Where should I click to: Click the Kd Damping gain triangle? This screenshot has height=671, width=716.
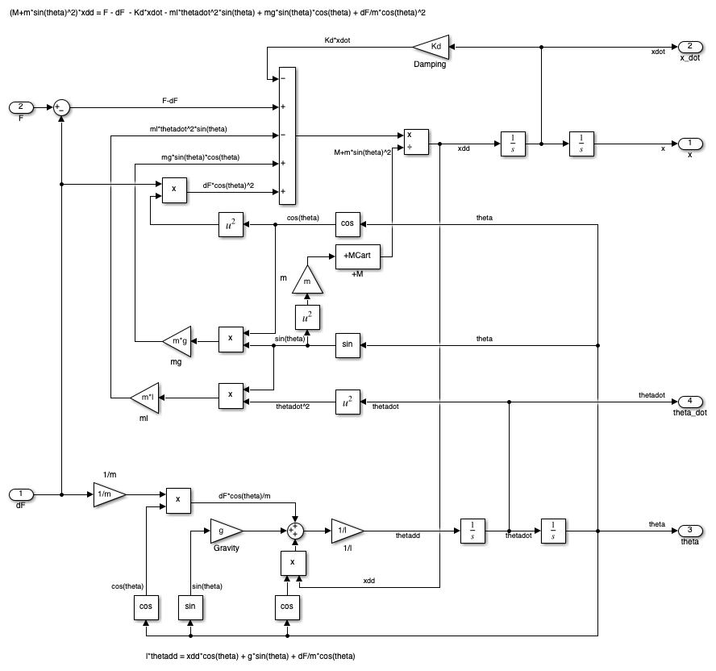[x=432, y=47]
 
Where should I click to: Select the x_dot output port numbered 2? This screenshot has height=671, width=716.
[x=689, y=47]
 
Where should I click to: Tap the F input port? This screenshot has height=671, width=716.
[x=21, y=106]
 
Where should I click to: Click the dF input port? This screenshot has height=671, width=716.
[x=21, y=494]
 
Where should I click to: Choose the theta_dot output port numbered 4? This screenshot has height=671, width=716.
[x=689, y=401]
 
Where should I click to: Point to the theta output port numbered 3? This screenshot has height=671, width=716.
[x=689, y=531]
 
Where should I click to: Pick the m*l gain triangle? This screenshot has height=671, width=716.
[x=146, y=396]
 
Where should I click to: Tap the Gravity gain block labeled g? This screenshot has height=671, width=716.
[x=225, y=531]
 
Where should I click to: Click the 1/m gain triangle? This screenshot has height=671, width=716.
[x=108, y=494]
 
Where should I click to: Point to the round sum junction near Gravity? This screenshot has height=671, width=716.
[x=296, y=531]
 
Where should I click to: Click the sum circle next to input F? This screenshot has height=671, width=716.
[x=62, y=106]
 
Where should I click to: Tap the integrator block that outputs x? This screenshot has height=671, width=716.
[x=581, y=144]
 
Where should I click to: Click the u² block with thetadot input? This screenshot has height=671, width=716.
[x=348, y=401]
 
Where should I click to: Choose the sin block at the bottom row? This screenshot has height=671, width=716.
[x=191, y=606]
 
